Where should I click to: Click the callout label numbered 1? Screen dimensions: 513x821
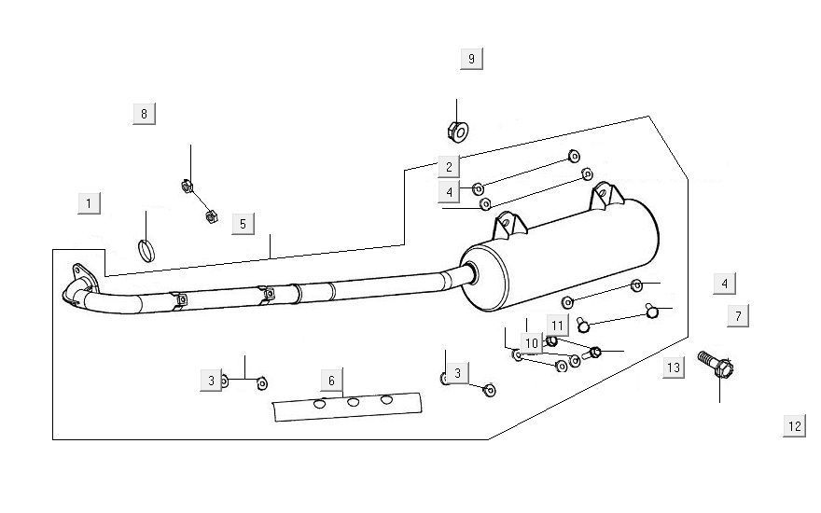tap(89, 203)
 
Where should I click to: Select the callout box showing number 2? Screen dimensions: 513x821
tap(449, 167)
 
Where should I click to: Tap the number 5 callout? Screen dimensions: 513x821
tap(242, 224)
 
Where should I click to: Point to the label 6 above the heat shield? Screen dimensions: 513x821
tap(330, 380)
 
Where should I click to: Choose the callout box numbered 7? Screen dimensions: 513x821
tap(738, 316)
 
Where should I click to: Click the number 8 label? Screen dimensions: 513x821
tap(144, 114)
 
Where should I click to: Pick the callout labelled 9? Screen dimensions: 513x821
tap(471, 59)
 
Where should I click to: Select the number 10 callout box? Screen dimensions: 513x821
tap(531, 344)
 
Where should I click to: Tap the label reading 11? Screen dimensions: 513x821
tap(557, 326)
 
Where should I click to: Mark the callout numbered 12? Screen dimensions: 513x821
tap(794, 426)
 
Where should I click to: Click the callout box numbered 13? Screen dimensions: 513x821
tap(673, 368)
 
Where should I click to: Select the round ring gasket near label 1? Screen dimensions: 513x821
tap(146, 249)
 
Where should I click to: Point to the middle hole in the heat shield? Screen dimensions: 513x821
tap(354, 402)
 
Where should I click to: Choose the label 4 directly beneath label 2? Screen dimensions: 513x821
tap(449, 192)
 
